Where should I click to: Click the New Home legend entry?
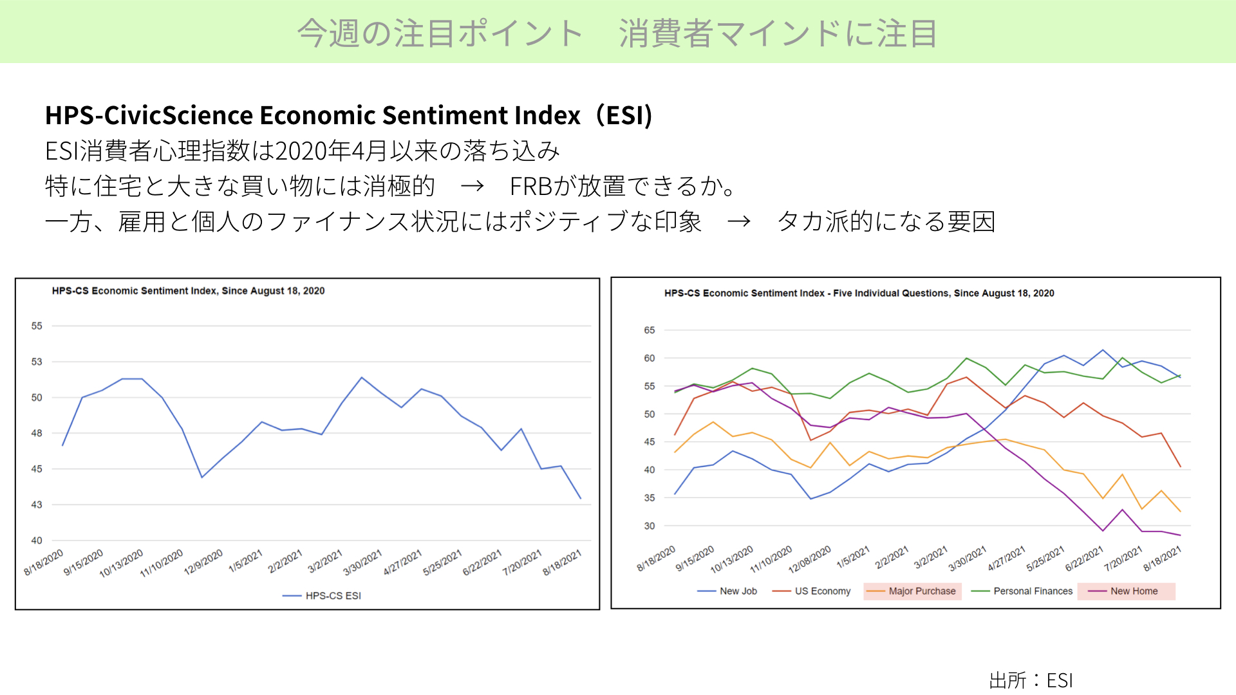[x=1127, y=591]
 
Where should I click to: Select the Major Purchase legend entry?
[x=913, y=591]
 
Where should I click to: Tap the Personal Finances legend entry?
[x=1022, y=591]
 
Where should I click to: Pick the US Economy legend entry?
[x=811, y=591]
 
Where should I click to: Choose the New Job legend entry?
[x=727, y=591]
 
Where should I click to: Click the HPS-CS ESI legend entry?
[x=322, y=596]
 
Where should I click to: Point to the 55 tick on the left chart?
[x=37, y=326]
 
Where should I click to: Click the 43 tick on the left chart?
[x=37, y=505]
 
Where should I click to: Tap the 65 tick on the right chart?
[x=650, y=330]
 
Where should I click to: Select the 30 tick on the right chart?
[x=650, y=526]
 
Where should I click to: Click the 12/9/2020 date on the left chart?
[x=203, y=562]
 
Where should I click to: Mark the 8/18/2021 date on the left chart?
[x=562, y=562]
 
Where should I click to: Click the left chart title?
[x=188, y=291]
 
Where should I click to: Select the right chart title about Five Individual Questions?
[x=859, y=293]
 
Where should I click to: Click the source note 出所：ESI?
[x=1031, y=680]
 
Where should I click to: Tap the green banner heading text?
[x=617, y=33]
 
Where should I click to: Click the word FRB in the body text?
[x=532, y=187]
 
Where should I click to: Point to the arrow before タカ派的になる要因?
[x=739, y=222]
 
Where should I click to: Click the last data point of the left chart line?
[x=581, y=498]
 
